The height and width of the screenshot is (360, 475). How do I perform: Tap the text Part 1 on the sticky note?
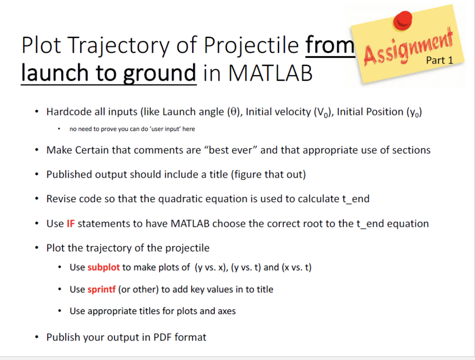439,60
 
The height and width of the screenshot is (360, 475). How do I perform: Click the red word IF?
71,224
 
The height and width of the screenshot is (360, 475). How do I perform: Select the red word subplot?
103,268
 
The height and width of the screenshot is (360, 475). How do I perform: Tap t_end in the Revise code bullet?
355,199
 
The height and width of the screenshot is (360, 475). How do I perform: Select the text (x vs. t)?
296,268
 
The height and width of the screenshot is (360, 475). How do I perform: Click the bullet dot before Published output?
37,174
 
